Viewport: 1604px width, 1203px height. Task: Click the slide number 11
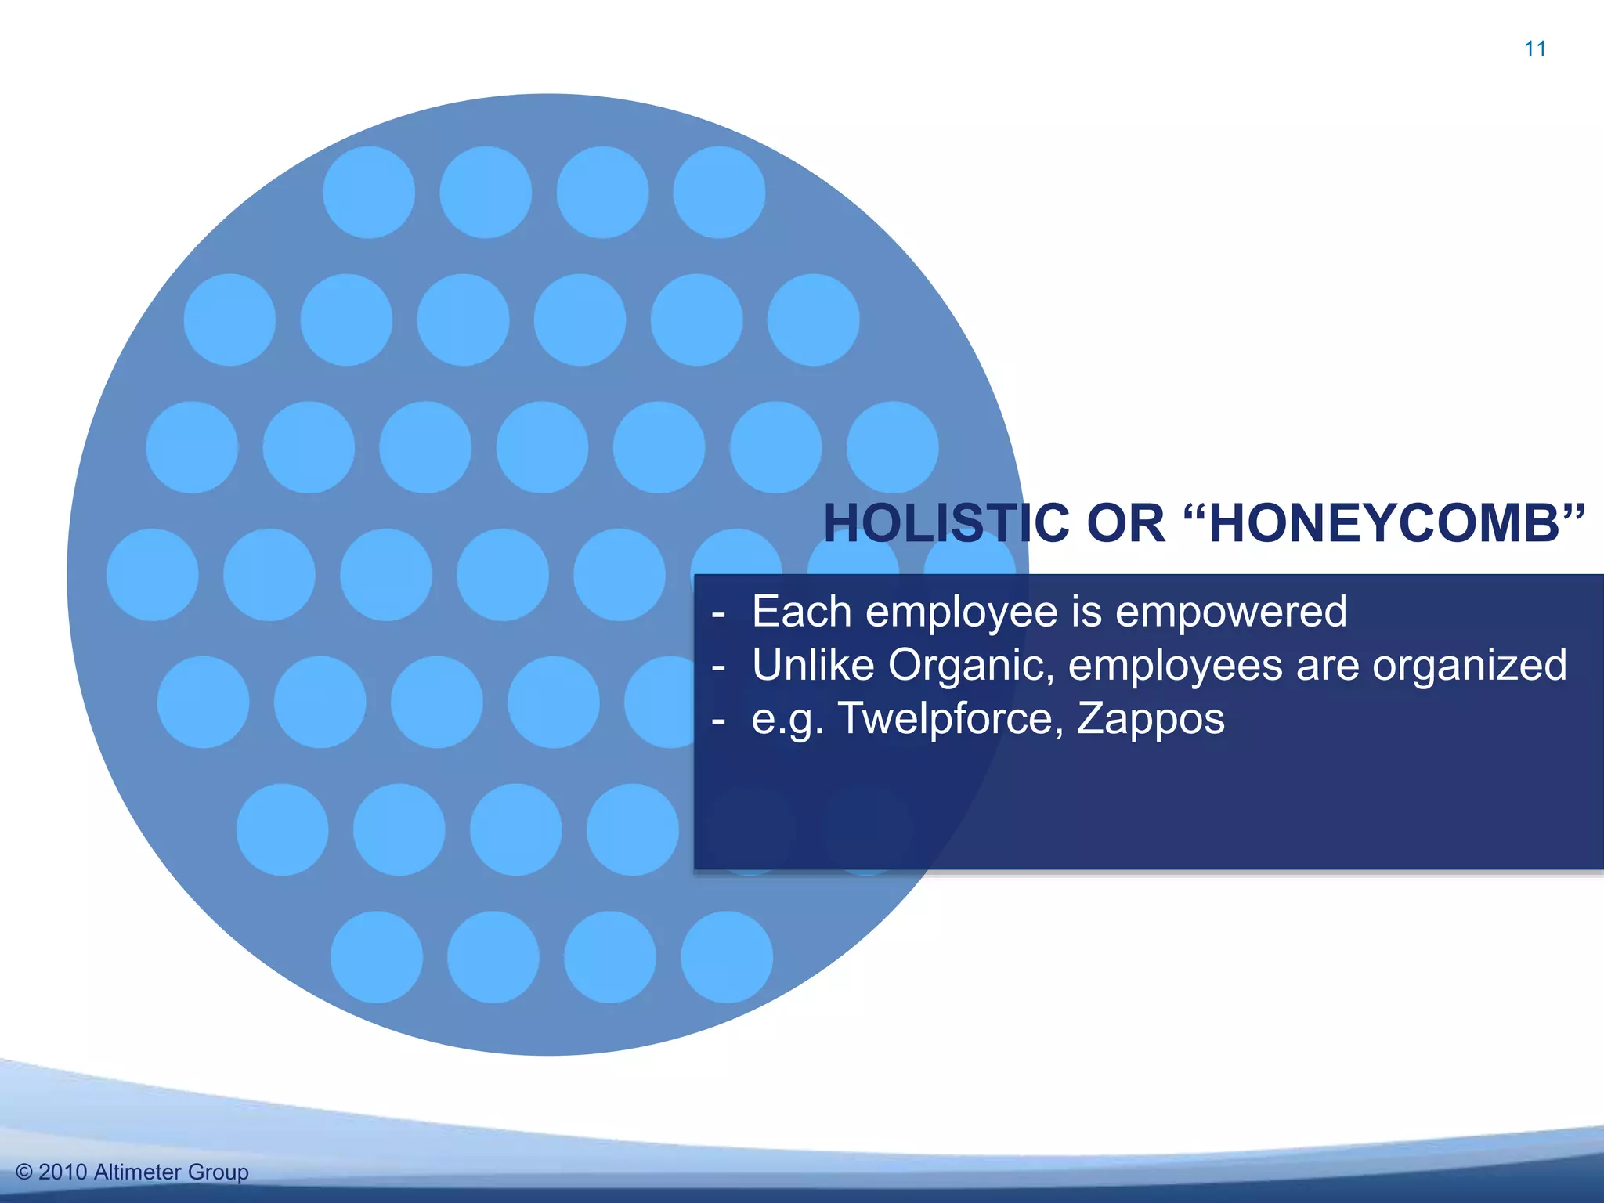point(1535,49)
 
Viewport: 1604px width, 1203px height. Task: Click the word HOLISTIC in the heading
point(946,523)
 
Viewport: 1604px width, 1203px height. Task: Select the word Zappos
point(1151,719)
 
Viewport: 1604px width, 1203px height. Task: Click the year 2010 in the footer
point(63,1172)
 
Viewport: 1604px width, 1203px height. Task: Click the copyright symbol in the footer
point(24,1172)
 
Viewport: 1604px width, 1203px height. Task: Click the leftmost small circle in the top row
point(369,192)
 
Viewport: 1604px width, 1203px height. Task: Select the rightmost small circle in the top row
point(719,192)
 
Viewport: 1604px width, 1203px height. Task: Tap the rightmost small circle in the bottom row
point(727,957)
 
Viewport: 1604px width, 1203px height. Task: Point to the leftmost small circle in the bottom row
point(377,957)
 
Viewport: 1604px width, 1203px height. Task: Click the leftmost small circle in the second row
point(229,320)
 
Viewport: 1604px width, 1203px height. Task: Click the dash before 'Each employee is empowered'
point(718,614)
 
